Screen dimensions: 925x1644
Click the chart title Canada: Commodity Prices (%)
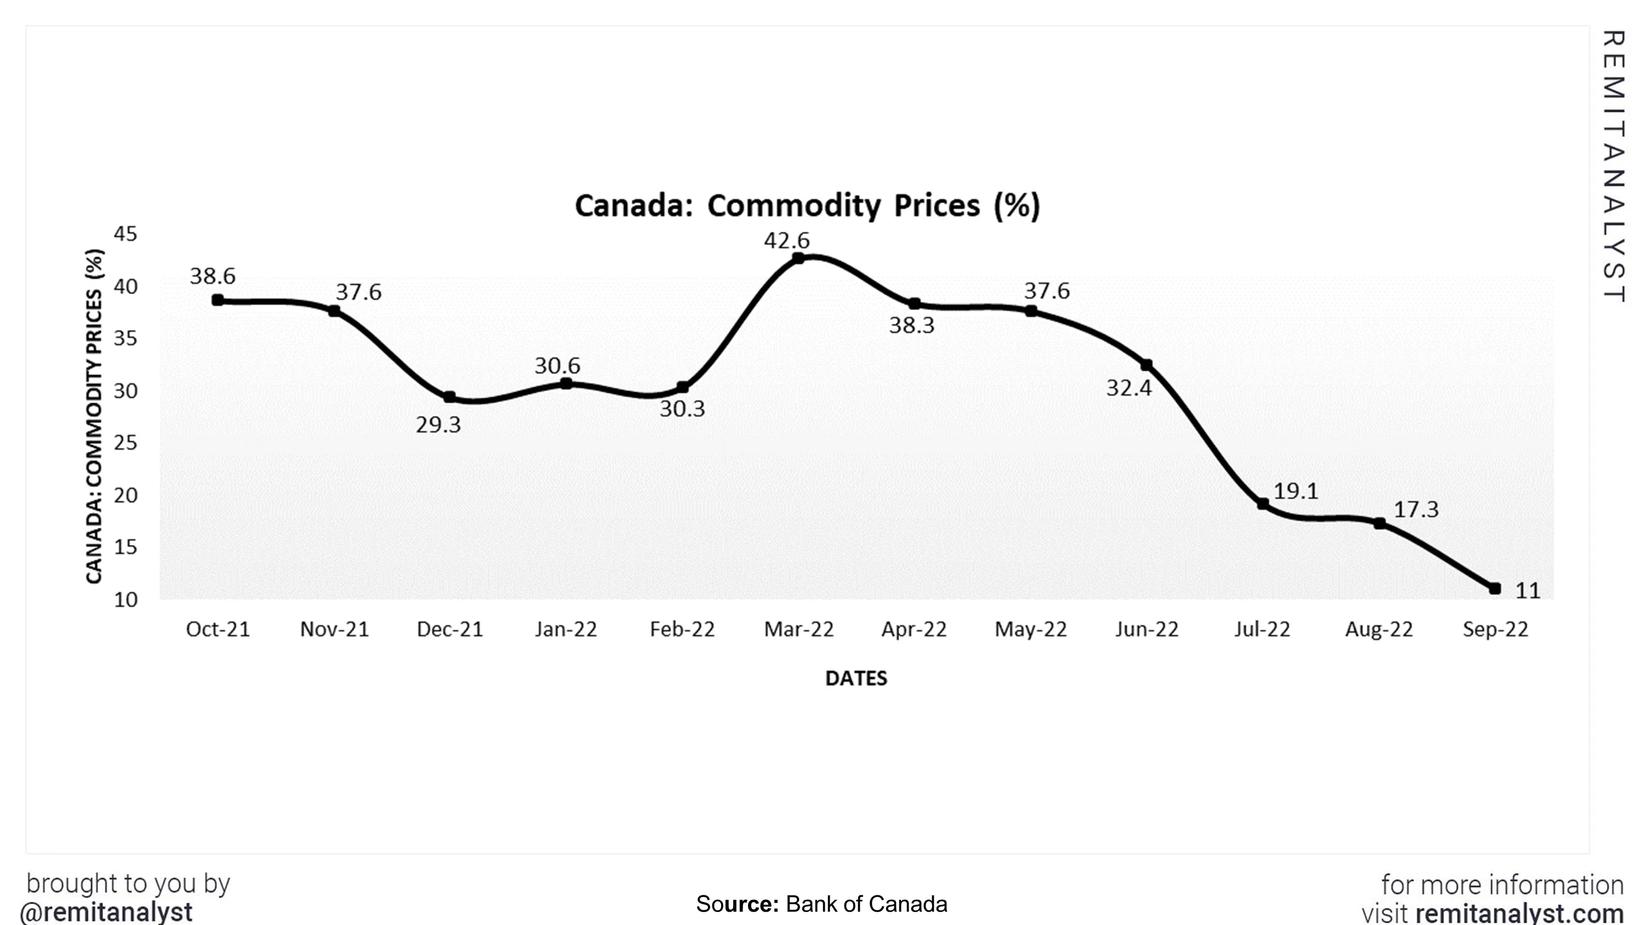807,205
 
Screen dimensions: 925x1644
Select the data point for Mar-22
798,258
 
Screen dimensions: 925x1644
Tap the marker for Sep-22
1494,589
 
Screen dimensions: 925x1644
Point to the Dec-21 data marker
449,397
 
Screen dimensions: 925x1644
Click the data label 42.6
786,241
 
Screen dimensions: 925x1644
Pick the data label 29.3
438,425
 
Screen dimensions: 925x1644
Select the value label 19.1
1295,491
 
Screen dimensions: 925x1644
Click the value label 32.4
1128,388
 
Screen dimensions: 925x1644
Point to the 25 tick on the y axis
125,442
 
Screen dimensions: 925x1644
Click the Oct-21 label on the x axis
218,630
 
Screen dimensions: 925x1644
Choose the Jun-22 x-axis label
1146,630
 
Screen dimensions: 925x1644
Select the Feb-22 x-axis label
682,630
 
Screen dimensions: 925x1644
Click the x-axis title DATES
856,678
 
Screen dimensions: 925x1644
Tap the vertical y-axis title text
94,416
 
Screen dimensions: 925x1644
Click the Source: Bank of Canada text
821,904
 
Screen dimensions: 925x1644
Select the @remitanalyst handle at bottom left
106,912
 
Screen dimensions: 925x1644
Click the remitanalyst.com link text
1519,913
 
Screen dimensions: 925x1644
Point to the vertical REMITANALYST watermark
1613,166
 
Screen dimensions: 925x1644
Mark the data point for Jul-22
1263,504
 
